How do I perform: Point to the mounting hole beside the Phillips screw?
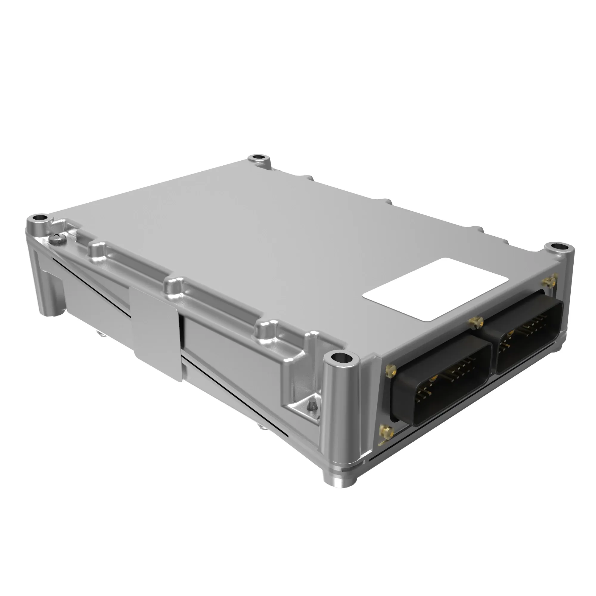click(40, 218)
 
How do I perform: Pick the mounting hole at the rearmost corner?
click(258, 158)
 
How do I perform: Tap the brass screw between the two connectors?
click(476, 322)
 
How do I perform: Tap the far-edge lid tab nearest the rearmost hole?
click(308, 178)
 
